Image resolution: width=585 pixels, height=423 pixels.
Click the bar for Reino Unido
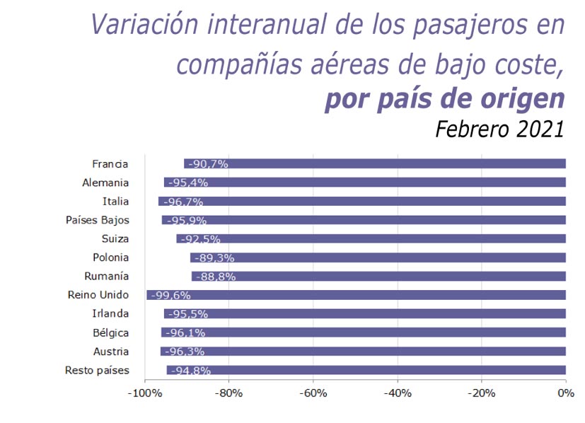point(356,295)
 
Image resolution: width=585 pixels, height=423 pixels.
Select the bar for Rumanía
point(378,277)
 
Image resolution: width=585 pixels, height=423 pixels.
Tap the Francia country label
point(110,164)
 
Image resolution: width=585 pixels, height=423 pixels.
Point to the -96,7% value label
point(183,202)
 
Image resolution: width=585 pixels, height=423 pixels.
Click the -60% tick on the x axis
point(313,393)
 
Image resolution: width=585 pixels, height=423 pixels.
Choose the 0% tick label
point(564,393)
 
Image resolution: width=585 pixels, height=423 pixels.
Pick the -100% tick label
point(144,393)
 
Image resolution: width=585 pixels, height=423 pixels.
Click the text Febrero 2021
point(499,129)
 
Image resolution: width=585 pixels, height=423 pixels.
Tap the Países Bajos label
point(98,220)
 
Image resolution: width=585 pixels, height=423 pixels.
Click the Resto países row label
point(97,370)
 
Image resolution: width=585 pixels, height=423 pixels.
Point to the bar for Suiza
point(371,239)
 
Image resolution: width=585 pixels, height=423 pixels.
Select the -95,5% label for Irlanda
point(188,314)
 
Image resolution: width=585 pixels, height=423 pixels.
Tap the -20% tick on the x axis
point(481,393)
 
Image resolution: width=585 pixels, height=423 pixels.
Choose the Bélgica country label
point(110,332)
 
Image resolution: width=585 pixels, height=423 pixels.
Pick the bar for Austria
point(363,352)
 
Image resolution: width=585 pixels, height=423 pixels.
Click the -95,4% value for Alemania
point(187,182)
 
